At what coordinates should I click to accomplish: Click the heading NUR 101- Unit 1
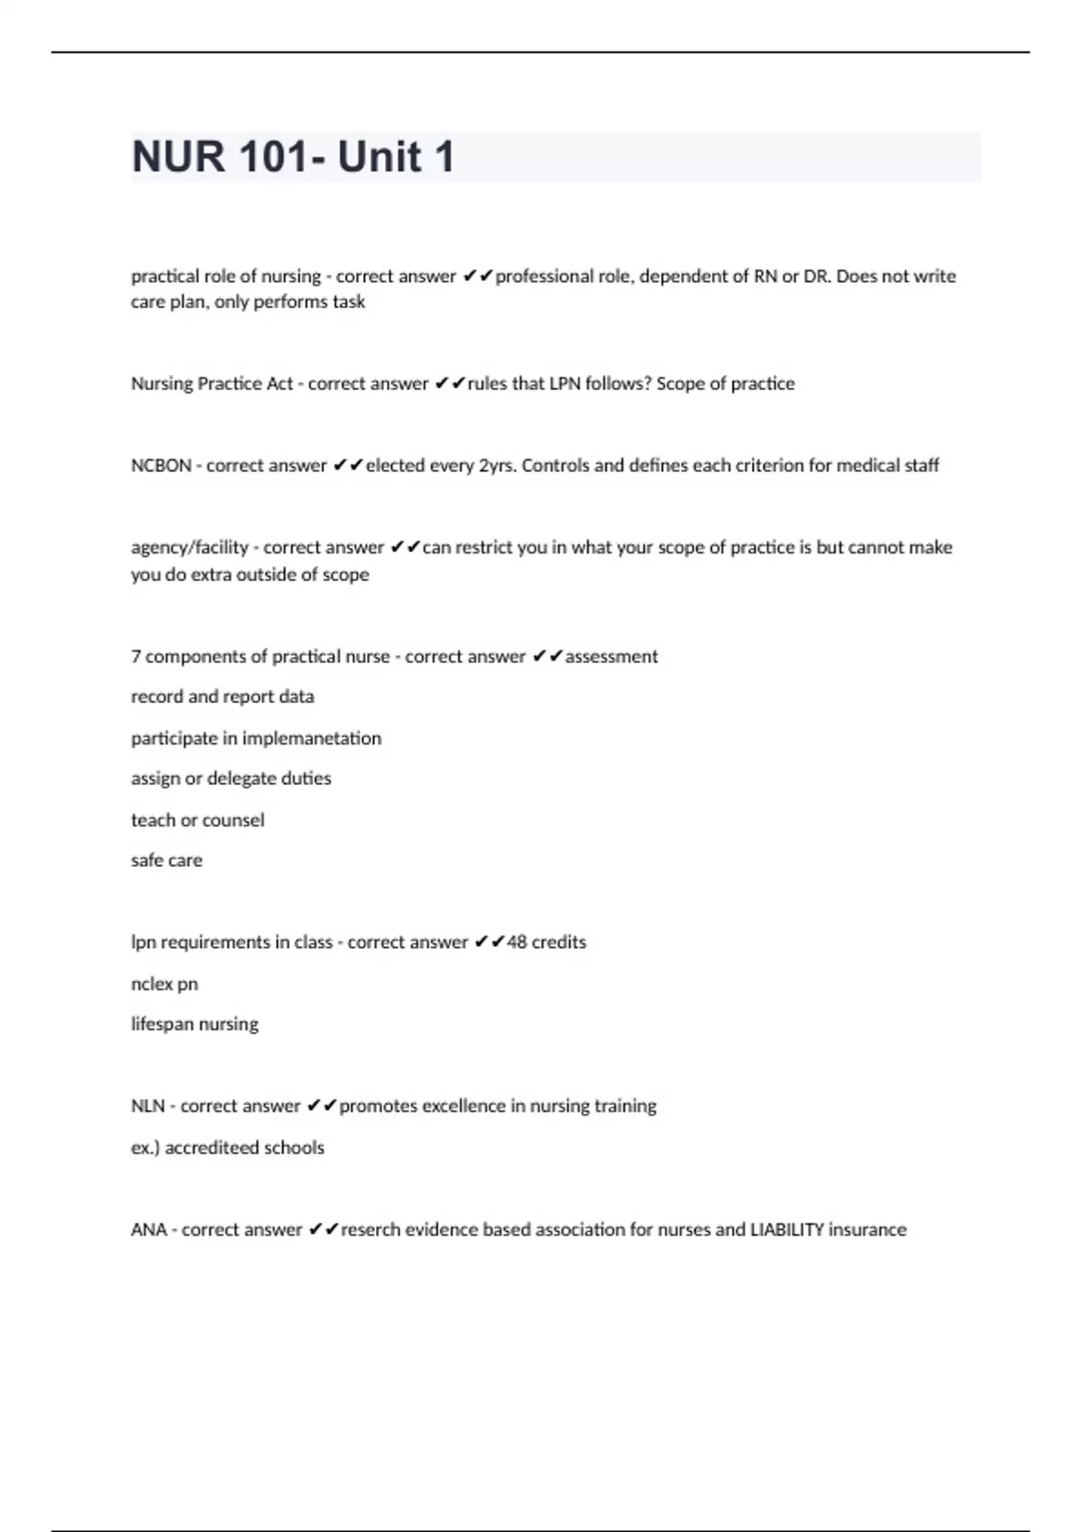coord(293,157)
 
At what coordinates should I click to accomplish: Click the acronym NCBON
coord(161,466)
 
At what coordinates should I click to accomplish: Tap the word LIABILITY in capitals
coord(787,1230)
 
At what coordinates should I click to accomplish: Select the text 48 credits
coord(546,943)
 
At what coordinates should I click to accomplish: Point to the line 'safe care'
coord(167,861)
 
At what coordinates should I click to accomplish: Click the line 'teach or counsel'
coord(197,820)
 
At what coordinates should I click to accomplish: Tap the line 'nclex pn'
coord(164,984)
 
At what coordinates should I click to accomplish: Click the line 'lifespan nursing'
coord(195,1025)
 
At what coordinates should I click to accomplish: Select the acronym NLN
coord(147,1107)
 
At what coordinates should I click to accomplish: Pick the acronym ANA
coord(149,1230)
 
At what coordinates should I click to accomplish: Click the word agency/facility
coord(189,548)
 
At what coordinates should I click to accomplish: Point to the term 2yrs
coord(497,466)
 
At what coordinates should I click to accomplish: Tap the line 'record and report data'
coord(223,697)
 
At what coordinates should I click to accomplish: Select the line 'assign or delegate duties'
coord(231,779)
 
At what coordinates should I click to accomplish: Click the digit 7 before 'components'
coord(136,657)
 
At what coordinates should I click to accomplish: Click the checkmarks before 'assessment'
coord(547,657)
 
